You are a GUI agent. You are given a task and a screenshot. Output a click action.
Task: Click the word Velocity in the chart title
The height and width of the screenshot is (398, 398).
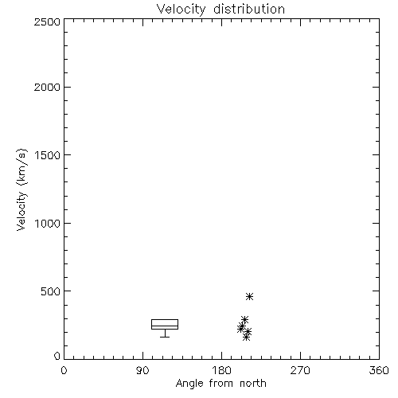181,10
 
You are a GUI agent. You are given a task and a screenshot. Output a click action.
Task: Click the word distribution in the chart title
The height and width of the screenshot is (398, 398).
249,9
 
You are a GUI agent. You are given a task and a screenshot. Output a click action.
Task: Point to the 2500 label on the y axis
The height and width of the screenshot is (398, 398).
47,21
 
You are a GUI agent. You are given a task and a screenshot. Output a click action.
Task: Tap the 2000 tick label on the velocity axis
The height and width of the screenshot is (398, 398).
47,87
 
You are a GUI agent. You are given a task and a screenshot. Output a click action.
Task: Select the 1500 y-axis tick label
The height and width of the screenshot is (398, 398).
48,155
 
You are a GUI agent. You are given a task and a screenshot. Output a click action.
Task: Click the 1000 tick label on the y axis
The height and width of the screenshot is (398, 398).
48,223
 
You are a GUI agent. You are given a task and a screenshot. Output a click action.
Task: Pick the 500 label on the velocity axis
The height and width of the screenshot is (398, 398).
51,291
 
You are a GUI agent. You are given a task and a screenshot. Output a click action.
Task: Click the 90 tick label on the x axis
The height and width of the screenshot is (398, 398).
142,370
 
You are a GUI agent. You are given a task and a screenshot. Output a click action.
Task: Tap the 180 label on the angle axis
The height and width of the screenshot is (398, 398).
221,370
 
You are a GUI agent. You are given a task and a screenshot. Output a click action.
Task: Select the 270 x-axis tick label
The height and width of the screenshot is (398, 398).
300,370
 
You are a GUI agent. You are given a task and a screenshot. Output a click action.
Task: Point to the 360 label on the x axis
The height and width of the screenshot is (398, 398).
379,370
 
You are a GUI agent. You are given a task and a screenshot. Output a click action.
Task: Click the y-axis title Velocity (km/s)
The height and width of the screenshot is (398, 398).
21,189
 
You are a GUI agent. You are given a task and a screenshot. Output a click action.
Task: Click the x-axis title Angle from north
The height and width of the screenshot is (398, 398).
221,384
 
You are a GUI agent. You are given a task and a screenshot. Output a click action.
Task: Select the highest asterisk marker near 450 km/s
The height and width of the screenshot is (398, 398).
249,296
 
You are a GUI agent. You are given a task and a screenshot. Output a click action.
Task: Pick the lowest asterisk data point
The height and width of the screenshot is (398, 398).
246,338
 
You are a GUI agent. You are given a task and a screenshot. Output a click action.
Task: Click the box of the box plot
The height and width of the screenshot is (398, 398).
165,319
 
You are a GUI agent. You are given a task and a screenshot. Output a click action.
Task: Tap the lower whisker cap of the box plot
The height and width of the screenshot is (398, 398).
165,337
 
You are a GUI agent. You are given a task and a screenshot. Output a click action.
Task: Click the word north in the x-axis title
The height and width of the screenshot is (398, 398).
253,384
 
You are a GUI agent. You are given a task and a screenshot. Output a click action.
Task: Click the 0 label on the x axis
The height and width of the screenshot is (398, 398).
64,370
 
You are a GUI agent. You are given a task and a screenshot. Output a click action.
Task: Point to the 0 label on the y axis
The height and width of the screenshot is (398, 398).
57,356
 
